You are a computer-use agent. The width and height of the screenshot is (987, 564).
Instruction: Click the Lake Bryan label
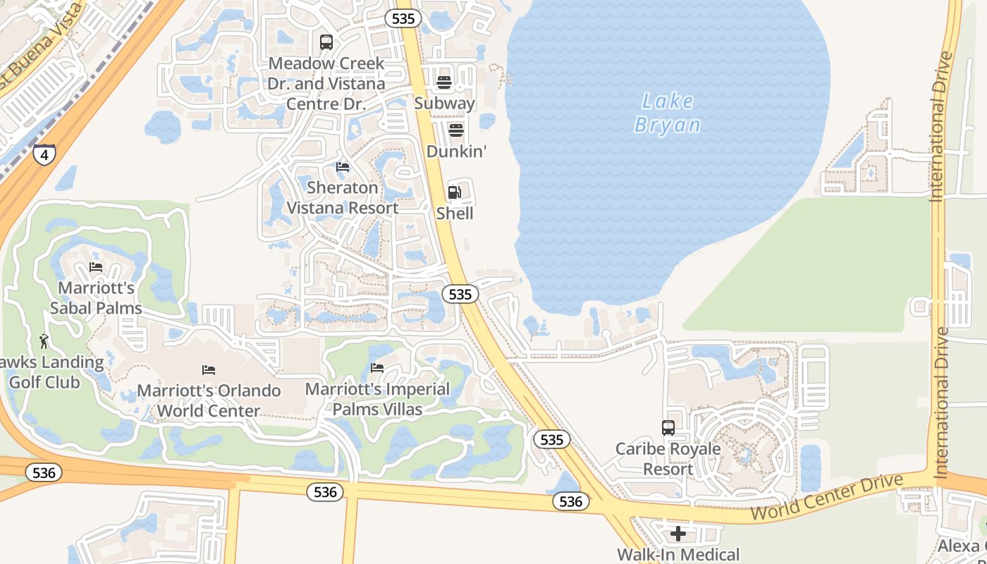668,113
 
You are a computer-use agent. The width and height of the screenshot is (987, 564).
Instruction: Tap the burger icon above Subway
443,82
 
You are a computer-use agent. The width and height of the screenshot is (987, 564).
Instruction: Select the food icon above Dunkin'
456,130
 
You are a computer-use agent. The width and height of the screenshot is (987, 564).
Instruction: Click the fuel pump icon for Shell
455,192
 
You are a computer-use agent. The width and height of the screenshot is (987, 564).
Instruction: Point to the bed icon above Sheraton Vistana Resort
343,167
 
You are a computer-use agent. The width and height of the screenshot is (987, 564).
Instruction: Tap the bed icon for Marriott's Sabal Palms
96,267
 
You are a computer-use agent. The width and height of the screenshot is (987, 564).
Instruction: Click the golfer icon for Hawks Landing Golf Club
44,341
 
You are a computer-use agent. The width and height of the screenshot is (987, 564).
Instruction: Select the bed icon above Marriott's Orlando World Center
209,369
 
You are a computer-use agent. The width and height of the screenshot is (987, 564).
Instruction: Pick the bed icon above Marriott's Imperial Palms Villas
377,368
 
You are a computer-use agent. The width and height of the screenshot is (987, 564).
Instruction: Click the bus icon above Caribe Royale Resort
668,428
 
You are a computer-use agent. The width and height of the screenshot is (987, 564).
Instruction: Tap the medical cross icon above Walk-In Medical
678,534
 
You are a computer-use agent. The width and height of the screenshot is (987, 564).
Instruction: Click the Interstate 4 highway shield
44,154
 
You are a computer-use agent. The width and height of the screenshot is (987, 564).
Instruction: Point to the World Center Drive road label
826,498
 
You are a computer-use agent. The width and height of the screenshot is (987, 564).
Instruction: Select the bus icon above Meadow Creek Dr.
326,42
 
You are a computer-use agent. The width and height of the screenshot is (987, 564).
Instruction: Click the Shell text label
455,213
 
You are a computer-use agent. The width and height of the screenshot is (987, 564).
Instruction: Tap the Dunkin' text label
457,152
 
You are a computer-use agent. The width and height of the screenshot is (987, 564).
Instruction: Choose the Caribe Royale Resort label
668,459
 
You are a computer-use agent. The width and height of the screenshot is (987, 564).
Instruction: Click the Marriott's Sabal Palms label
96,298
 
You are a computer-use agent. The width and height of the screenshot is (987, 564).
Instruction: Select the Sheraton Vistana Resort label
343,197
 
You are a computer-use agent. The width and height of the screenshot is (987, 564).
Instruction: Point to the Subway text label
444,103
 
